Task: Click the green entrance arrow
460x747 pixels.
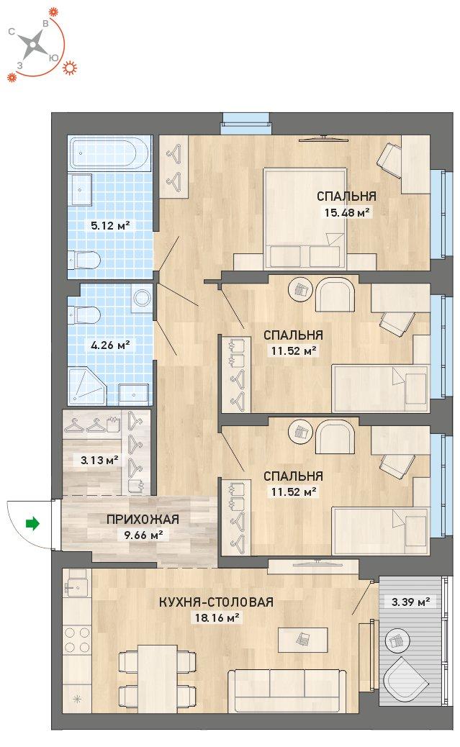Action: pyautogui.click(x=32, y=524)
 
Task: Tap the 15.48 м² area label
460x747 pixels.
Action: pyautogui.click(x=347, y=212)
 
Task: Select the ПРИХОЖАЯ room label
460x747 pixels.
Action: pyautogui.click(x=143, y=520)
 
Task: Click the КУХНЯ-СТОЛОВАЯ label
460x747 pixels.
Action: pyautogui.click(x=217, y=602)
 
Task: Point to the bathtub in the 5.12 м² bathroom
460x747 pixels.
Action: pyautogui.click(x=109, y=153)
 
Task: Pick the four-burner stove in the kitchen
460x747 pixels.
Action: pyautogui.click(x=77, y=640)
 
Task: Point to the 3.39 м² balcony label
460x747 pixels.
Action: pyautogui.click(x=410, y=602)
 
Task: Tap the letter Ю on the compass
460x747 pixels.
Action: pyautogui.click(x=53, y=58)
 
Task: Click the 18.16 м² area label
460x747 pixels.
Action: pyautogui.click(x=217, y=618)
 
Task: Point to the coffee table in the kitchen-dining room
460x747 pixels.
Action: pyautogui.click(x=303, y=640)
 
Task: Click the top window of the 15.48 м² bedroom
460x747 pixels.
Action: pyautogui.click(x=246, y=123)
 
